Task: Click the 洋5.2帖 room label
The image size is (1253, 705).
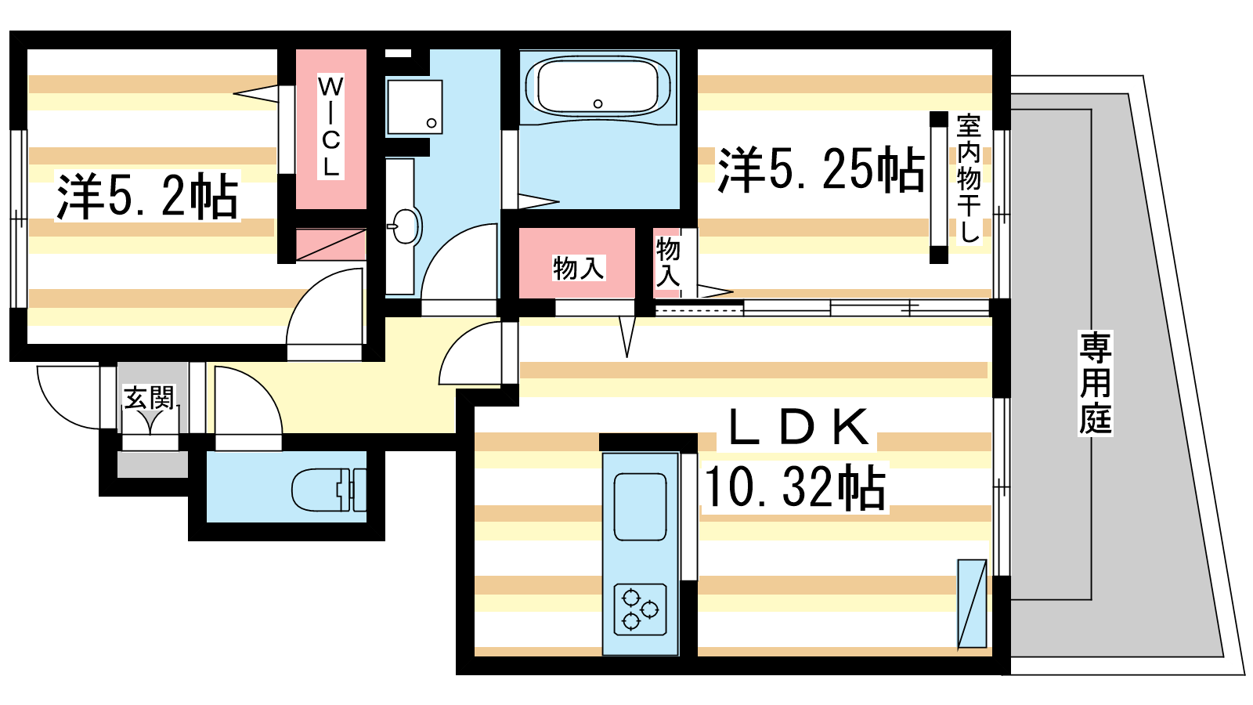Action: click(148, 197)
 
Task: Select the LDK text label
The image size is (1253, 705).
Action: click(798, 427)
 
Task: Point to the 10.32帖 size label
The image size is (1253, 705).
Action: click(795, 486)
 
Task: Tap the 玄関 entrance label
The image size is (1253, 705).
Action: click(150, 398)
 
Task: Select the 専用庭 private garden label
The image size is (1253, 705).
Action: click(1096, 383)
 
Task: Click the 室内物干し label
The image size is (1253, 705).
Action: click(969, 179)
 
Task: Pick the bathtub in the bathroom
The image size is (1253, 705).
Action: click(598, 87)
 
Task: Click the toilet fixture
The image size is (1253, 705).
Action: click(329, 490)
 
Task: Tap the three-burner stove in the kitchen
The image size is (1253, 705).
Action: click(640, 609)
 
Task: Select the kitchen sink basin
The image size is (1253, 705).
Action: click(640, 506)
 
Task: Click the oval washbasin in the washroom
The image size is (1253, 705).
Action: click(405, 226)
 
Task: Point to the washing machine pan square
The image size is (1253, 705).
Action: click(414, 107)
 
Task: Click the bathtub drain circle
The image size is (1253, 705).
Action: click(598, 103)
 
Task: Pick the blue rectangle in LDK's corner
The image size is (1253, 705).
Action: click(972, 604)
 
